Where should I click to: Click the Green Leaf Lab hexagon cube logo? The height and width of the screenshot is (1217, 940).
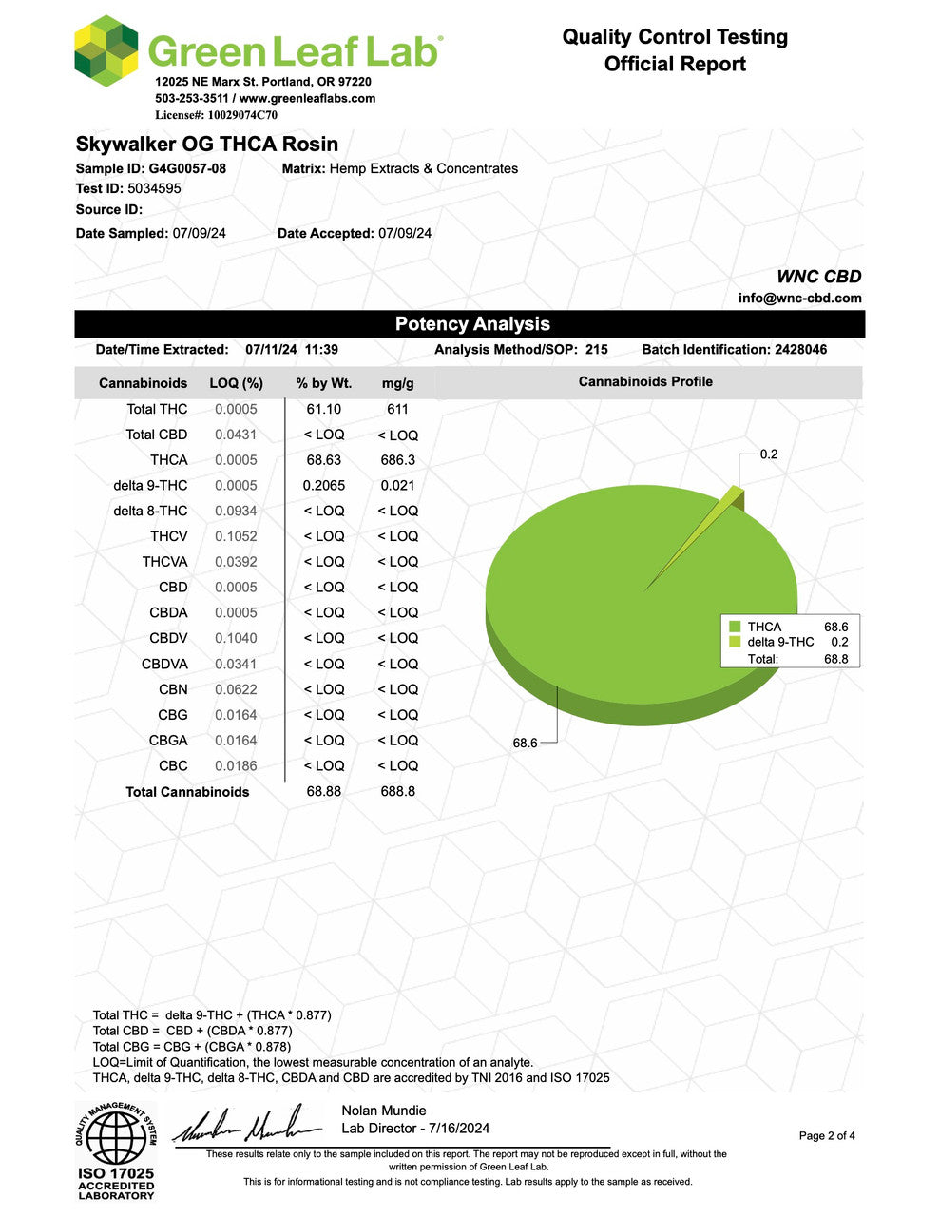[106, 50]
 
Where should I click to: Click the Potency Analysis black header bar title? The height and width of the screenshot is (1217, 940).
[472, 324]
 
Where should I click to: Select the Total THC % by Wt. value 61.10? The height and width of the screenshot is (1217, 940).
[323, 409]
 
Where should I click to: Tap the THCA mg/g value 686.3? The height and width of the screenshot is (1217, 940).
[397, 460]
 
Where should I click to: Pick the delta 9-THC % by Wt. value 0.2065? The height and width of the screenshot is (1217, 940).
[323, 486]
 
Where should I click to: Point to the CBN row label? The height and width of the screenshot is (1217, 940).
[173, 689]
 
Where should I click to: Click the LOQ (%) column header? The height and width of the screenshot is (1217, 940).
[236, 383]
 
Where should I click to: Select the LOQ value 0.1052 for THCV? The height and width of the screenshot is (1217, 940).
[236, 536]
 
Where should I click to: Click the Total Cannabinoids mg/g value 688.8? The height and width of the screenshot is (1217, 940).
[397, 791]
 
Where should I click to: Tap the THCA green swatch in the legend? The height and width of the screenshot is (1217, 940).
[735, 627]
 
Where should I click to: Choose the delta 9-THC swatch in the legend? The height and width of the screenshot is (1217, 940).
[735, 642]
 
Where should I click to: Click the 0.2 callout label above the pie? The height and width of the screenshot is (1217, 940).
[768, 454]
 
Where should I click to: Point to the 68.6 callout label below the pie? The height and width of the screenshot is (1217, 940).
[525, 743]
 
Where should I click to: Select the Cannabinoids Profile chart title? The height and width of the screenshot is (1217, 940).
[645, 381]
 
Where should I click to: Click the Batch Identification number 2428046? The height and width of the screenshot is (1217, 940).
[800, 350]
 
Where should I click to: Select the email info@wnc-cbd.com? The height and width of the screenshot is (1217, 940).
[799, 298]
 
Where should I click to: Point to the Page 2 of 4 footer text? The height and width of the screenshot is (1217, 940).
[827, 1135]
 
